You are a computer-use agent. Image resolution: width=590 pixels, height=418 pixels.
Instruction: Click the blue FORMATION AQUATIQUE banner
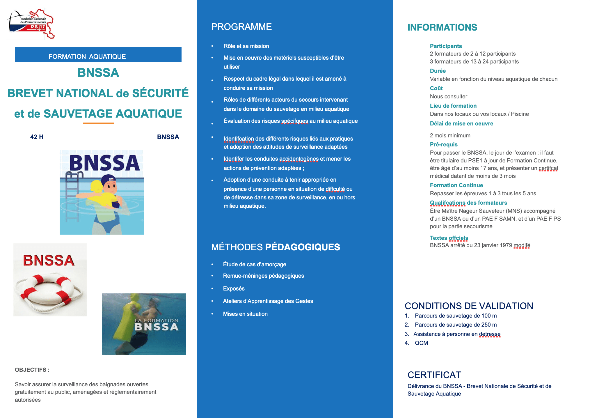(98, 54)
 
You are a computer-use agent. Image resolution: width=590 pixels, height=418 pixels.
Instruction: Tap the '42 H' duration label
(37, 137)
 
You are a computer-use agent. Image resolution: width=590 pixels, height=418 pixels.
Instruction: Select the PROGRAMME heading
(241, 27)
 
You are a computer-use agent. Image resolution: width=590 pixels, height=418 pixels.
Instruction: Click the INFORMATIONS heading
(442, 27)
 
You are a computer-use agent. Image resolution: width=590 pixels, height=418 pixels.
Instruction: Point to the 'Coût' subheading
(436, 88)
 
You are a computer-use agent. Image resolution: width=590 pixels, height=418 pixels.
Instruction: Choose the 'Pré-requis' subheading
(443, 144)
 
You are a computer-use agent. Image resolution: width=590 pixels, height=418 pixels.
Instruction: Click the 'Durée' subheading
(438, 71)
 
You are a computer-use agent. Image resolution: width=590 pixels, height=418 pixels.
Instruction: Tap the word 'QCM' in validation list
(421, 343)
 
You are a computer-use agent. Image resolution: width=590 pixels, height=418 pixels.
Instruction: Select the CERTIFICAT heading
(434, 375)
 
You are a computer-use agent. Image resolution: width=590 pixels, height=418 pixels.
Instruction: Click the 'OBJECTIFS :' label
(32, 370)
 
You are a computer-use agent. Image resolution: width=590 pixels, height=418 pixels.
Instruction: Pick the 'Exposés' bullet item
(234, 288)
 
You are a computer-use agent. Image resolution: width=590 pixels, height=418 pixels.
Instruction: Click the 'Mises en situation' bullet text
(245, 314)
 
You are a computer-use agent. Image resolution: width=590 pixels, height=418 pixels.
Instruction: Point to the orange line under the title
(98, 123)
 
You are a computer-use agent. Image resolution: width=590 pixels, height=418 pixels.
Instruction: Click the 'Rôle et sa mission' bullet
(246, 46)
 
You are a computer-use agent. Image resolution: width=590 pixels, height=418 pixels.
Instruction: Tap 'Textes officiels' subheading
(449, 238)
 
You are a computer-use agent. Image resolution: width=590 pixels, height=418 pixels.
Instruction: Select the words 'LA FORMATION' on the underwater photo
(156, 320)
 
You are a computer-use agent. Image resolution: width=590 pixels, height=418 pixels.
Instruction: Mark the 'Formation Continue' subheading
(456, 185)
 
